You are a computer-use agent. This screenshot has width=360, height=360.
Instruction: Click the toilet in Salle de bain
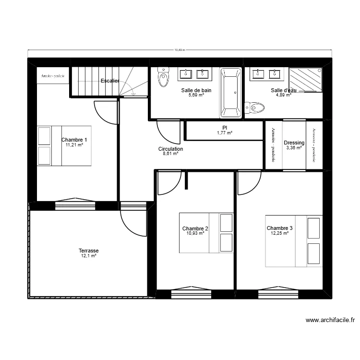164,78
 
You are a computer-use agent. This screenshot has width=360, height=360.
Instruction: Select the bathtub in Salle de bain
230,93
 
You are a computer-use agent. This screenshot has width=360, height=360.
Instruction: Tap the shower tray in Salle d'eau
305,80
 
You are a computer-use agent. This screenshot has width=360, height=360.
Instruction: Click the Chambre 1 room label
74,140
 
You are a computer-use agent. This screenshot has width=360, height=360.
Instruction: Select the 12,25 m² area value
279,234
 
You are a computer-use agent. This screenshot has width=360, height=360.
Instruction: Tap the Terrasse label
89,251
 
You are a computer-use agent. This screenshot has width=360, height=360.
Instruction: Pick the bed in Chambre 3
294,241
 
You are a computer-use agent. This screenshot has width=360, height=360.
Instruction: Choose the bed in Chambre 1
65,146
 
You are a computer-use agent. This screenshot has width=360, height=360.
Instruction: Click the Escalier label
110,81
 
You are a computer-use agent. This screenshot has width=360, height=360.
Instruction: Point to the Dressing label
294,143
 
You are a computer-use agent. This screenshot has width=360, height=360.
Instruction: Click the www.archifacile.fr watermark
330,320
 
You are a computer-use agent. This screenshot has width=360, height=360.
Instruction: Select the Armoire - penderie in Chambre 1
53,76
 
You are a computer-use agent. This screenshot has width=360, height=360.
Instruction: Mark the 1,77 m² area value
224,133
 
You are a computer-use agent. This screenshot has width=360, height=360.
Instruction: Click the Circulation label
170,149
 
